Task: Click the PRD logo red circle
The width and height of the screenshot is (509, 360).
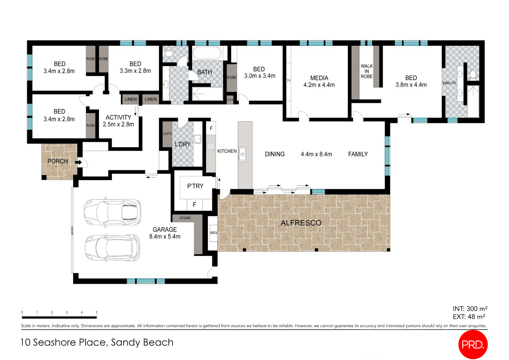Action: pyautogui.click(x=473, y=344)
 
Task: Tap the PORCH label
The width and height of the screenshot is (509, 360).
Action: pyautogui.click(x=58, y=162)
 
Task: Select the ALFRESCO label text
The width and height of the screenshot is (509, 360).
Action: pyautogui.click(x=301, y=223)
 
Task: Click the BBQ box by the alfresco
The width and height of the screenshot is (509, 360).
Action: pyautogui.click(x=213, y=233)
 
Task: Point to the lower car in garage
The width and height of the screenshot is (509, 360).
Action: pyautogui.click(x=112, y=247)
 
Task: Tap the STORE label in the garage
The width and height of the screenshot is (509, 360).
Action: pyautogui.click(x=185, y=218)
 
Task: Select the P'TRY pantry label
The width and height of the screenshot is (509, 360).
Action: pyautogui.click(x=195, y=186)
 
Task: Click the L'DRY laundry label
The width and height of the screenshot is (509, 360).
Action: pyautogui.click(x=183, y=144)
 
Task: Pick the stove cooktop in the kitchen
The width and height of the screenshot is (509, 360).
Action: pyautogui.click(x=210, y=146)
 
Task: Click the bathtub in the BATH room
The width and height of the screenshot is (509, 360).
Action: pyautogui.click(x=207, y=53)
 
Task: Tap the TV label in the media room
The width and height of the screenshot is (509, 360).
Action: pyautogui.click(x=289, y=81)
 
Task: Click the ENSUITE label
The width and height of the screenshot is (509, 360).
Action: pyautogui.click(x=449, y=83)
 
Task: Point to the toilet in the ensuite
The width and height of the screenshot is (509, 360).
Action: pyautogui.click(x=472, y=74)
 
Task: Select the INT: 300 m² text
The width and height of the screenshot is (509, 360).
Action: pyautogui.click(x=470, y=309)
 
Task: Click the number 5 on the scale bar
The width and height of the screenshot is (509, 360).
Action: pyautogui.click(x=97, y=312)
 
